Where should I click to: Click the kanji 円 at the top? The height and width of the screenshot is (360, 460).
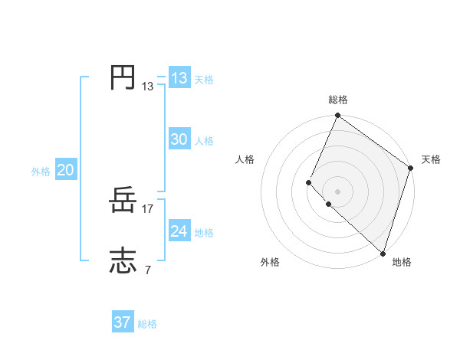(123, 78)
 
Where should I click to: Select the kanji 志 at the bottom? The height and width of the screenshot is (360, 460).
(123, 261)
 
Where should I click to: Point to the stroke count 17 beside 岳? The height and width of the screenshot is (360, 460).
(149, 209)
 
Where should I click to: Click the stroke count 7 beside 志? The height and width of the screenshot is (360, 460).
(147, 270)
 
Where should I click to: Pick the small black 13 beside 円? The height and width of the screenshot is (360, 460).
(148, 87)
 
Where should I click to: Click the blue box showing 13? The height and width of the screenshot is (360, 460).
(179, 78)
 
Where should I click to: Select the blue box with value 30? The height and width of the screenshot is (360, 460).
(179, 139)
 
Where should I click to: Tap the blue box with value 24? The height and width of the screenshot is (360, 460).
(179, 231)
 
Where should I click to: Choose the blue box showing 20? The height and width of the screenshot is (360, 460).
(65, 170)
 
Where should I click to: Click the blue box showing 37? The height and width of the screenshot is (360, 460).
(123, 322)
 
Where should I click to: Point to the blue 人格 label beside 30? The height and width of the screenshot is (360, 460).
(204, 141)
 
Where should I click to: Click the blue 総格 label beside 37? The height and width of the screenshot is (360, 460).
(147, 324)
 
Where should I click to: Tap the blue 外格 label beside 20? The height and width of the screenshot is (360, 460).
(41, 172)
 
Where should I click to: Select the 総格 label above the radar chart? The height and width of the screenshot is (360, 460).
(338, 100)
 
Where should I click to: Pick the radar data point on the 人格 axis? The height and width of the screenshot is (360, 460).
(308, 182)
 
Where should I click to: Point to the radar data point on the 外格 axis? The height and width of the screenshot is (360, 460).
(328, 205)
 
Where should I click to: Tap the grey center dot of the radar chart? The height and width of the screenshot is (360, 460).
(337, 191)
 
